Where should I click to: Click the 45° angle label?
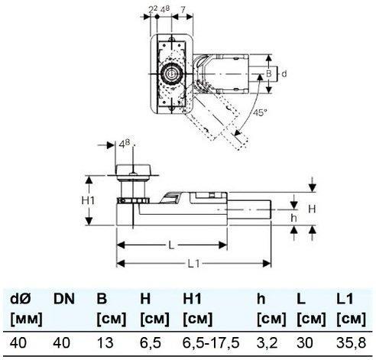point(260,112)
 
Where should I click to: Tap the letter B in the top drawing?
point(269,74)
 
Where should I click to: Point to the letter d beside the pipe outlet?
point(284,74)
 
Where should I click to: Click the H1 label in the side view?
point(88,200)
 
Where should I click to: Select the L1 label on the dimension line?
point(194,264)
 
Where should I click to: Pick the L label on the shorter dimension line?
point(171,245)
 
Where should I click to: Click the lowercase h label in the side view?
point(294,218)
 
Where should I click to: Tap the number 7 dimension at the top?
point(183,10)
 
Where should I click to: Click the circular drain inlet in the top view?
point(171,74)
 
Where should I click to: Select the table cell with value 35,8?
point(352,342)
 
